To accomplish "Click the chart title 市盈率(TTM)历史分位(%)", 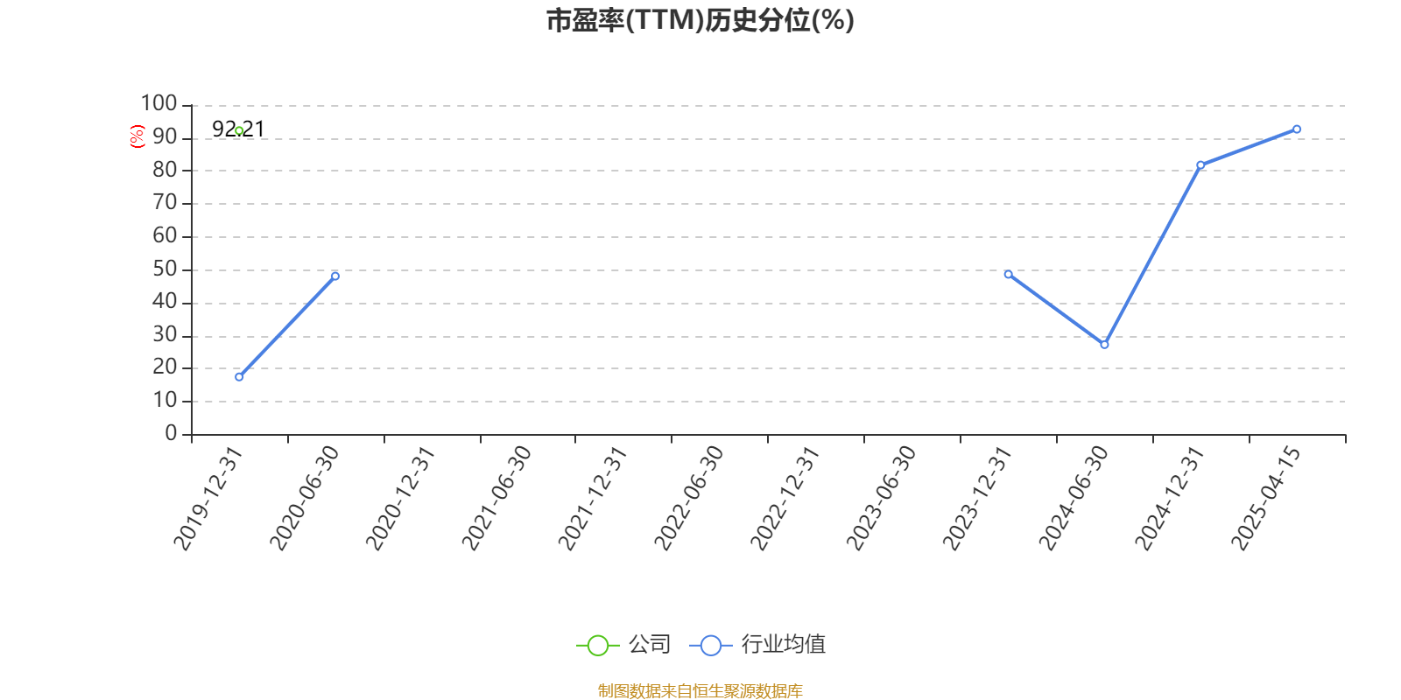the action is [x=700, y=20].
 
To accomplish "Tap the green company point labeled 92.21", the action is [x=239, y=130].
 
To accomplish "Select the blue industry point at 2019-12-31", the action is [x=239, y=377].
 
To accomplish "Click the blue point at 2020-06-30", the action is [x=335, y=276].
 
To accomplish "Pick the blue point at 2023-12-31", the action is [x=1008, y=275].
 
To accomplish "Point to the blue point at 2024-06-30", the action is [x=1104, y=345].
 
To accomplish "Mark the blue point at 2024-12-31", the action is [x=1200, y=165].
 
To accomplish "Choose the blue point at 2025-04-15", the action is [x=1297, y=129].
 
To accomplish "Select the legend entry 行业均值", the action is [x=757, y=644].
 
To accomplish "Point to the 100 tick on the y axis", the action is [x=158, y=103].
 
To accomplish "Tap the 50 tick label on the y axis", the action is [x=165, y=269].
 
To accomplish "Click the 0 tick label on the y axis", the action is [x=171, y=433].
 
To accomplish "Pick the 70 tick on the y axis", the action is [x=165, y=202].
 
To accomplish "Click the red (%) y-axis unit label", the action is [x=137, y=136].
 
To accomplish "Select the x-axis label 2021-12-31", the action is [x=592, y=498].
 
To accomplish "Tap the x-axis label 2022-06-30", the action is [x=688, y=498].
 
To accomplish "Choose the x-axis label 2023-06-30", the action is [x=880, y=498].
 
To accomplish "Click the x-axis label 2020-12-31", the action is [x=399, y=498].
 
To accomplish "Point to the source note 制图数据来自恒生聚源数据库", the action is [x=700, y=690].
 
